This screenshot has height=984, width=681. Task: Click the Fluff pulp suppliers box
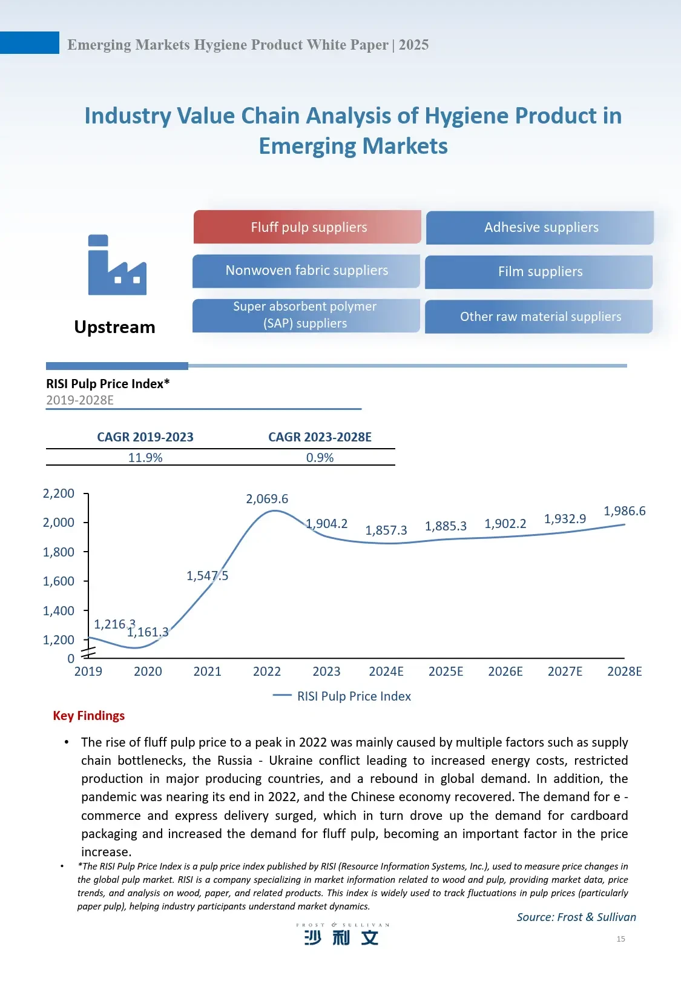click(308, 227)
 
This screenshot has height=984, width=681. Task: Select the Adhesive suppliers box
click(540, 228)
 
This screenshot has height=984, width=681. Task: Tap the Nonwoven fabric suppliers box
click(306, 271)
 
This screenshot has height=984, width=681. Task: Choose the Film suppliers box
click(539, 272)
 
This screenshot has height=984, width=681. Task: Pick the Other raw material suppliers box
click(539, 317)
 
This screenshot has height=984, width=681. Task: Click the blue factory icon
click(117, 265)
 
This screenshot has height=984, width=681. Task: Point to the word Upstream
click(114, 327)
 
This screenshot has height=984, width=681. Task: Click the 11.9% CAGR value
click(145, 458)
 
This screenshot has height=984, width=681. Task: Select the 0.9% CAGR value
click(320, 458)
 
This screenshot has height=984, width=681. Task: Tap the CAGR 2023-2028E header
click(320, 437)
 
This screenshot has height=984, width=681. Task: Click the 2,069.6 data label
click(267, 499)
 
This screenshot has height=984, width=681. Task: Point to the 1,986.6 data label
click(624, 511)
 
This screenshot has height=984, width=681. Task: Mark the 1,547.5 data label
click(207, 576)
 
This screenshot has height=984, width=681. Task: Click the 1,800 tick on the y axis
click(59, 552)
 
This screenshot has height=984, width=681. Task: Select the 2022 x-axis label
click(267, 672)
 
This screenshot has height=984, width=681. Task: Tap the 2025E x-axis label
click(446, 672)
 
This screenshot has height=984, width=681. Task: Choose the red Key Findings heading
click(89, 716)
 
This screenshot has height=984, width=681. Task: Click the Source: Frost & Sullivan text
click(576, 917)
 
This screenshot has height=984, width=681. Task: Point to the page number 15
click(620, 939)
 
